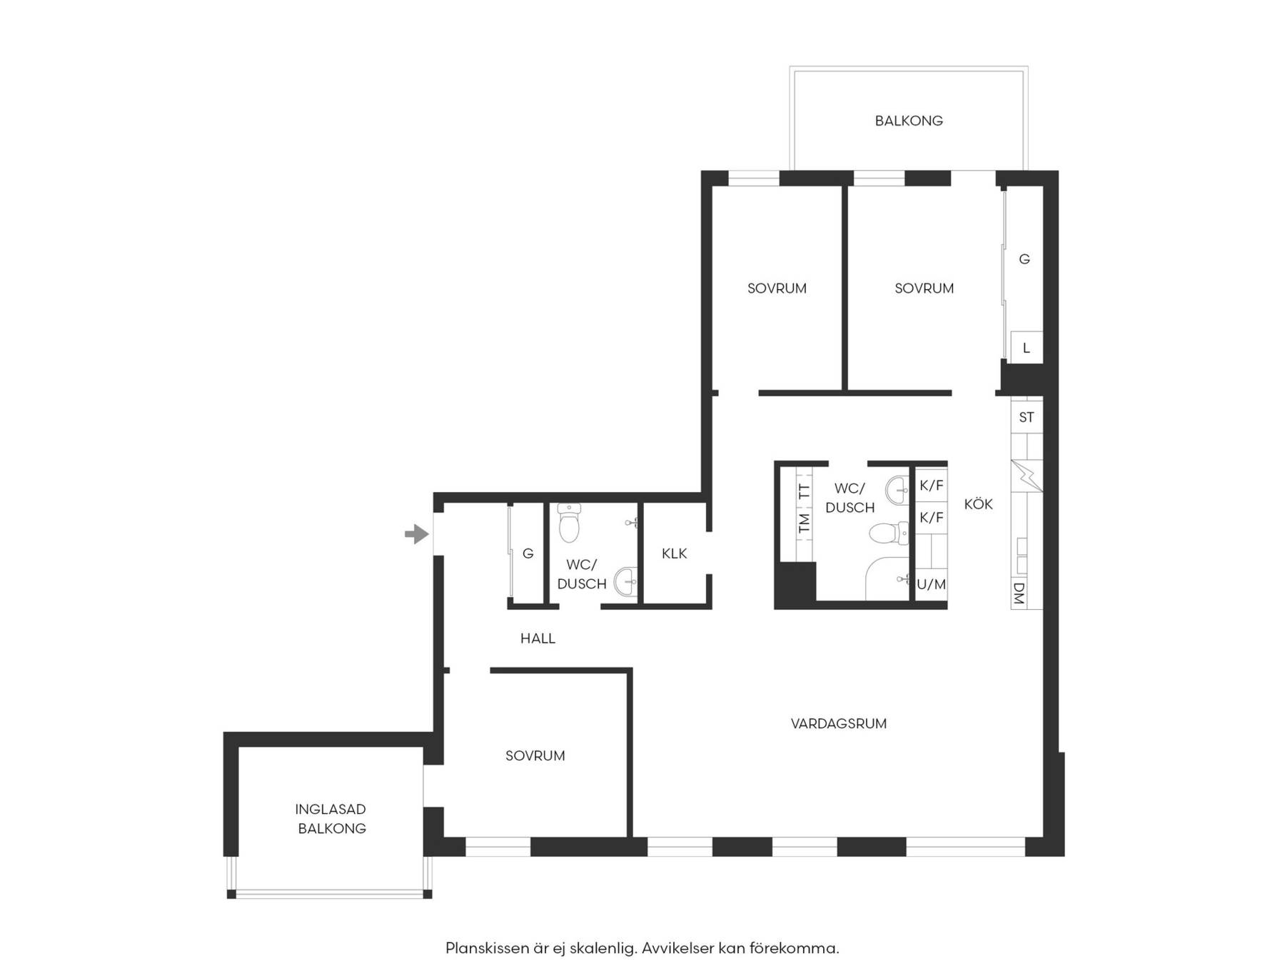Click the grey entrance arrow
(417, 533)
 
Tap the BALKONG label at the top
(909, 121)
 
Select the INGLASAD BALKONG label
(331, 818)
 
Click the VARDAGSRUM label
(839, 723)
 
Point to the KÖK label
(978, 503)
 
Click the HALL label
(538, 638)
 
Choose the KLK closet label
(674, 553)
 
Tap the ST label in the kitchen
(1027, 417)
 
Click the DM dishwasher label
(1019, 593)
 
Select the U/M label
(931, 584)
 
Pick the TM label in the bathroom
(805, 523)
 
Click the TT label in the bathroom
(805, 491)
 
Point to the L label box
(1027, 348)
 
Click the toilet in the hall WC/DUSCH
(569, 523)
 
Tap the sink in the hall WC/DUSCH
(626, 581)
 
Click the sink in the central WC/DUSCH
(897, 490)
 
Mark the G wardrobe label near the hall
(528, 553)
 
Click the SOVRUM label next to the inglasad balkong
(535, 755)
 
